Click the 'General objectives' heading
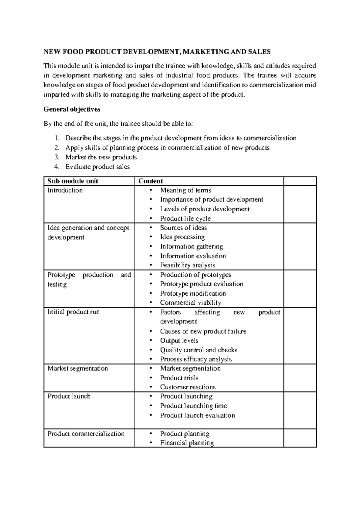(x=72, y=109)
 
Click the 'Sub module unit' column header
(x=73, y=181)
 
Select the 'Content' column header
(x=151, y=181)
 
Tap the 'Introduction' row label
(x=65, y=190)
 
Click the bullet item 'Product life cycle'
(x=185, y=218)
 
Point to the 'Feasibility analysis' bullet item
(x=187, y=265)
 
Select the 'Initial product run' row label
(x=73, y=312)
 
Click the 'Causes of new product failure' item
(x=203, y=331)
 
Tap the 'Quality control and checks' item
(x=199, y=350)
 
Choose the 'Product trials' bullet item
(x=179, y=378)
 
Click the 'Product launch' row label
(x=69, y=396)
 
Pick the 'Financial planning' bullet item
(x=187, y=443)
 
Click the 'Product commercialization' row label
(x=86, y=434)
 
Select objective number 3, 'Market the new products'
(x=101, y=157)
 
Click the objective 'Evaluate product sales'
(x=97, y=167)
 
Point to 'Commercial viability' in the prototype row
(x=190, y=303)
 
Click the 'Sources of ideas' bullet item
(x=183, y=228)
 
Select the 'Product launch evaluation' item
(x=197, y=415)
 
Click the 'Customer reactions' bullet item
(x=188, y=387)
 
